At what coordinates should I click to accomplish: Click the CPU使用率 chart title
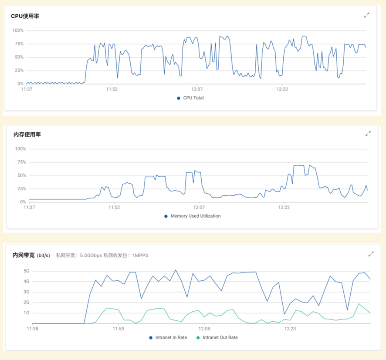pos(25,16)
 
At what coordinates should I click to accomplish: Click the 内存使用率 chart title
pos(27,135)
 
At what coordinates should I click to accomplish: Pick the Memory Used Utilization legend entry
pos(195,216)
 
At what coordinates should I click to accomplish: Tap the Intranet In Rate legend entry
pos(171,337)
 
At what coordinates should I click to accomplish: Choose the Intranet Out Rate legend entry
pos(220,337)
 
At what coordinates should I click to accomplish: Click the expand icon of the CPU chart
pos(367,15)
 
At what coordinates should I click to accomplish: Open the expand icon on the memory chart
pos(368,134)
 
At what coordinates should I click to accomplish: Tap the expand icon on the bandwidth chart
pos(371,254)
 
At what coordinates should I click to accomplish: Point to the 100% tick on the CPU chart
pos(18,30)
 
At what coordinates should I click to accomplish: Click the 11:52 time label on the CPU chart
pos(112,89)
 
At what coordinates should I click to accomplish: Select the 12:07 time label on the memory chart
pos(199,208)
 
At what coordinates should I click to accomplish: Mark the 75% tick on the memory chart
pos(20,162)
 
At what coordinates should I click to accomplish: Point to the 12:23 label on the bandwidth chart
pos(291,329)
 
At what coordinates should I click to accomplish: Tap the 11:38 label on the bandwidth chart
pos(32,329)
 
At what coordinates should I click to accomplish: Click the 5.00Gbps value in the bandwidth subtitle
pos(90,256)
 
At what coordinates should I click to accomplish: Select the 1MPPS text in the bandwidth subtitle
pos(140,256)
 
